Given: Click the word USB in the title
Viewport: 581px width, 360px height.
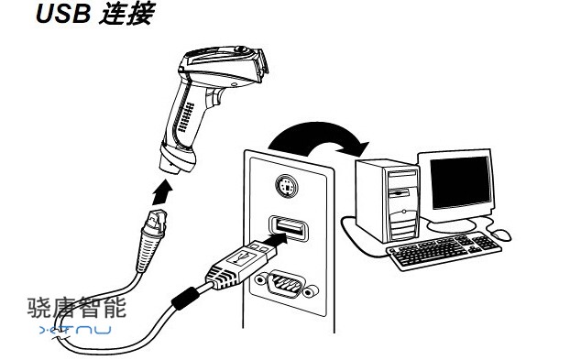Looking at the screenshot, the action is pos(63,14).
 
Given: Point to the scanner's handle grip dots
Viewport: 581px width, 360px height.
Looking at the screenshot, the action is pos(186,118).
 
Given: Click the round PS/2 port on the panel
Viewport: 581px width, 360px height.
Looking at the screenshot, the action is pos(287,186).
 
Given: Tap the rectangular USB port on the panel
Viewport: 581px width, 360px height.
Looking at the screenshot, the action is pos(289,228).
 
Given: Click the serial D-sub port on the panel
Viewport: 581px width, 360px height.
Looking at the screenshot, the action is pos(288,285).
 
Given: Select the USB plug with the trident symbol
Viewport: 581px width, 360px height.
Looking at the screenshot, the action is pos(241,264).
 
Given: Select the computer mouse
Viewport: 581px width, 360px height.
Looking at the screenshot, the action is pos(500,235).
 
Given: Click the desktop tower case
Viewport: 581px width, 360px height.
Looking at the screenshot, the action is pos(388,200).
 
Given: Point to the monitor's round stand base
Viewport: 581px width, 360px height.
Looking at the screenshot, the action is pos(451,225).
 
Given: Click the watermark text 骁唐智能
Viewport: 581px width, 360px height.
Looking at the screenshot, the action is pos(77,308).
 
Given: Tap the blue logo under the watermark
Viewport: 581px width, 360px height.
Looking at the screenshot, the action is pos(75,330).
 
